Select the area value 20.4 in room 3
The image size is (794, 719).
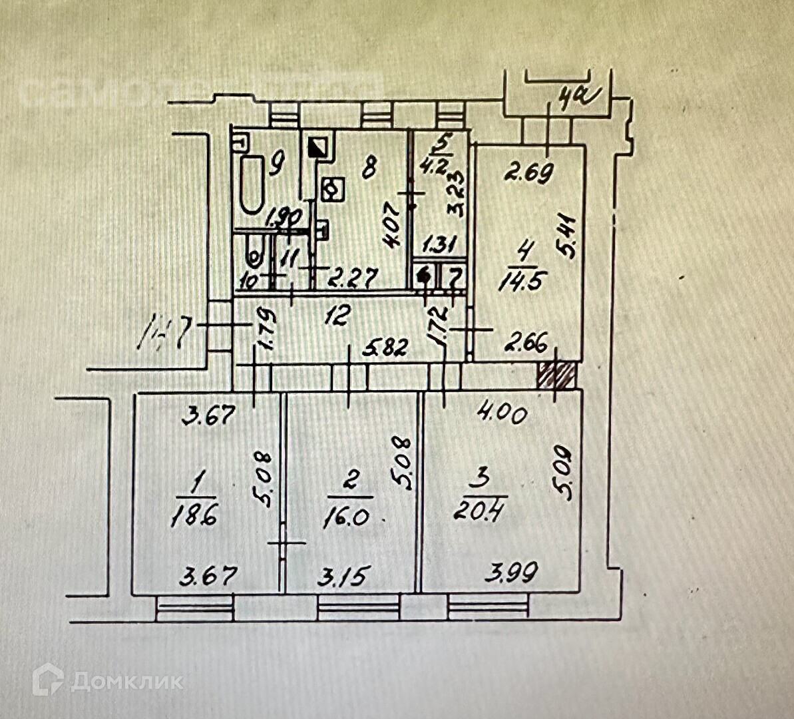[485, 511]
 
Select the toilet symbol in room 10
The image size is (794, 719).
[255, 254]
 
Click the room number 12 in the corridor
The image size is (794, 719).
[337, 316]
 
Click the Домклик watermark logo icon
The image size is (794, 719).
[48, 680]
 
